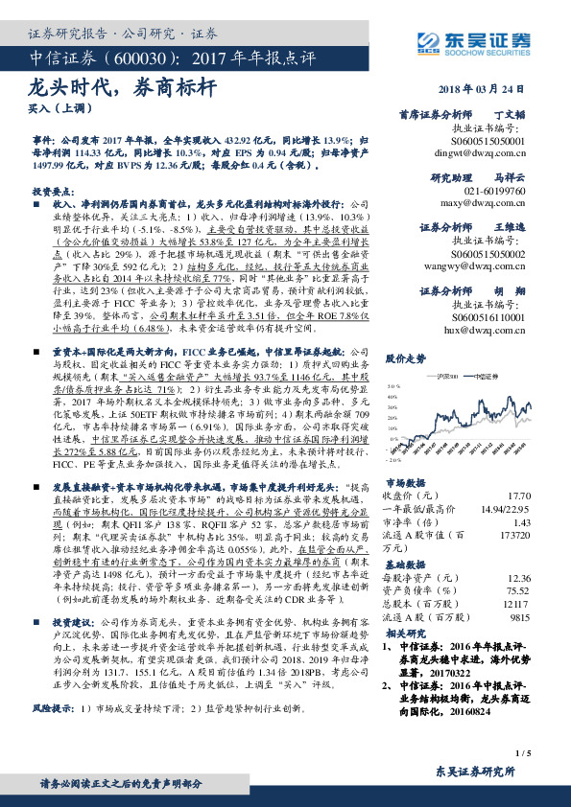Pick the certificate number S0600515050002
point(488,258)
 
